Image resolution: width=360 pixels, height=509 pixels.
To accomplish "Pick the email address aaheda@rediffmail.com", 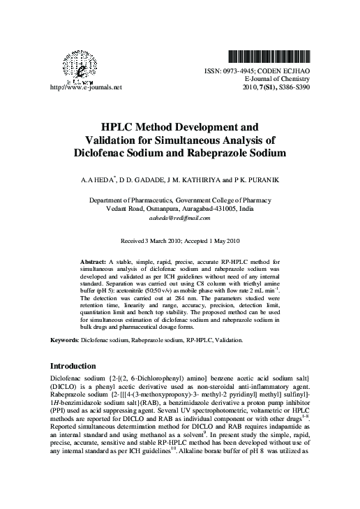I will point(180,218).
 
